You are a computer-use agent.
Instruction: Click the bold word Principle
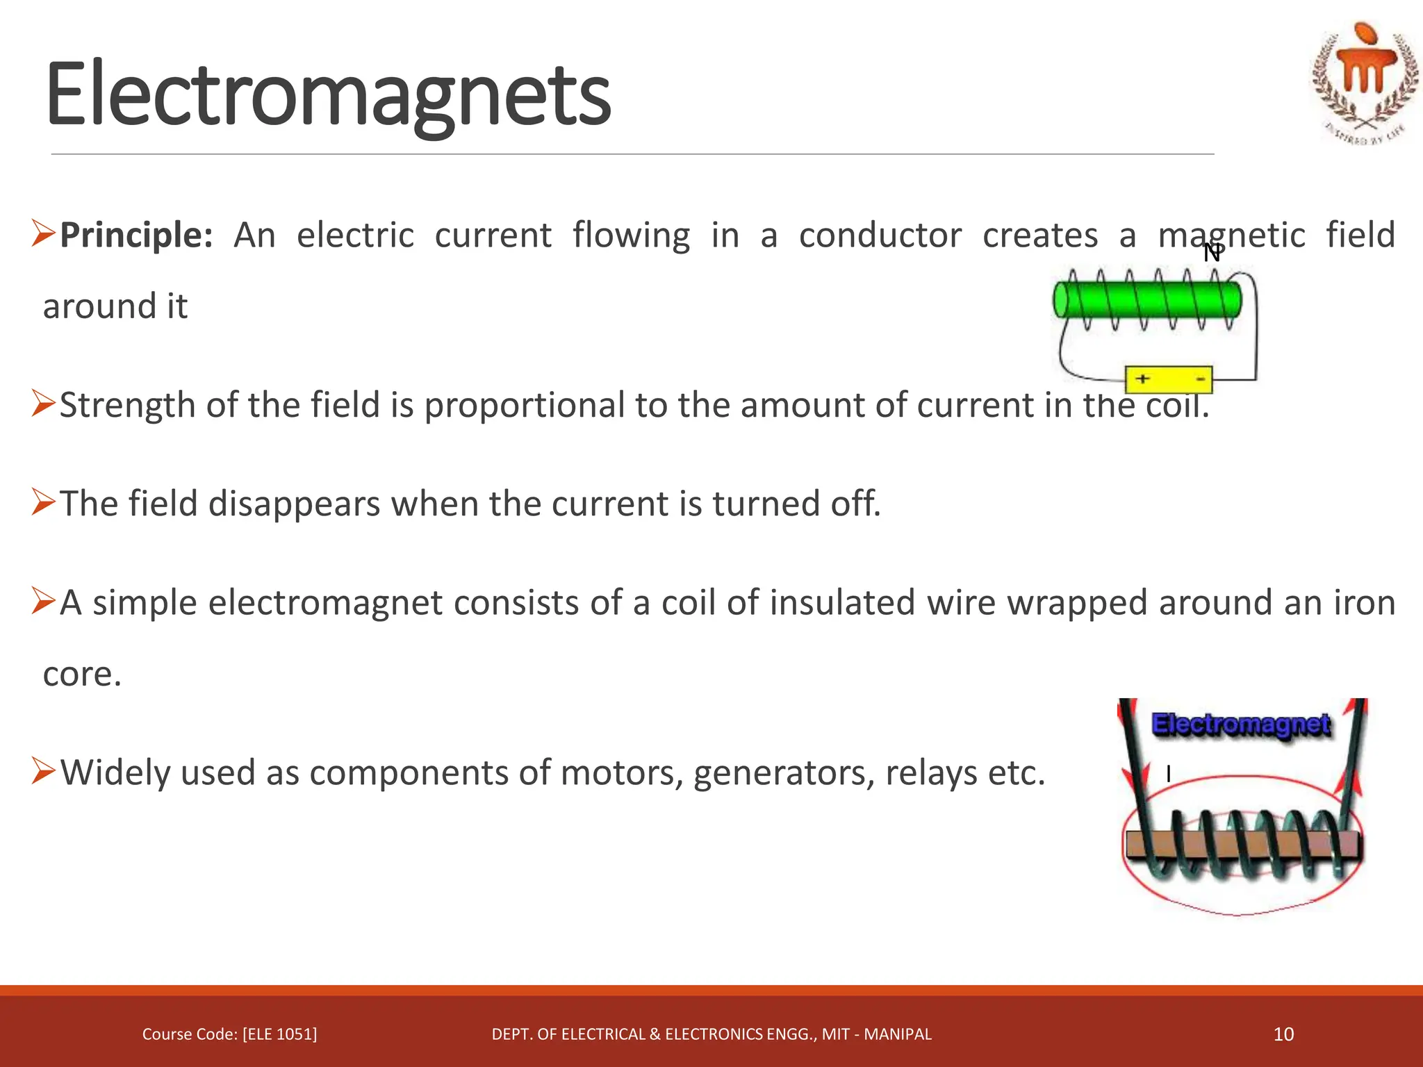[135, 235]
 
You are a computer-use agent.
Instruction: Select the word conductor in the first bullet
[880, 235]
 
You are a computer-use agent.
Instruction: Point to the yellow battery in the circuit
[1169, 379]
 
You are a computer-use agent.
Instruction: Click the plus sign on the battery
[1142, 379]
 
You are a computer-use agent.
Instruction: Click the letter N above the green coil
[1212, 253]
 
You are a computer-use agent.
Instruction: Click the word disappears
[294, 504]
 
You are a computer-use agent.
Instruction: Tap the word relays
[930, 772]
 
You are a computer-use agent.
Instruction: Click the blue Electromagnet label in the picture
[1241, 724]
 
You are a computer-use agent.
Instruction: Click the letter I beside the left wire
[1169, 774]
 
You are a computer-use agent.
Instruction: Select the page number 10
[1283, 1034]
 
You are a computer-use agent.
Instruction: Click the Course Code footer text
[229, 1034]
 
